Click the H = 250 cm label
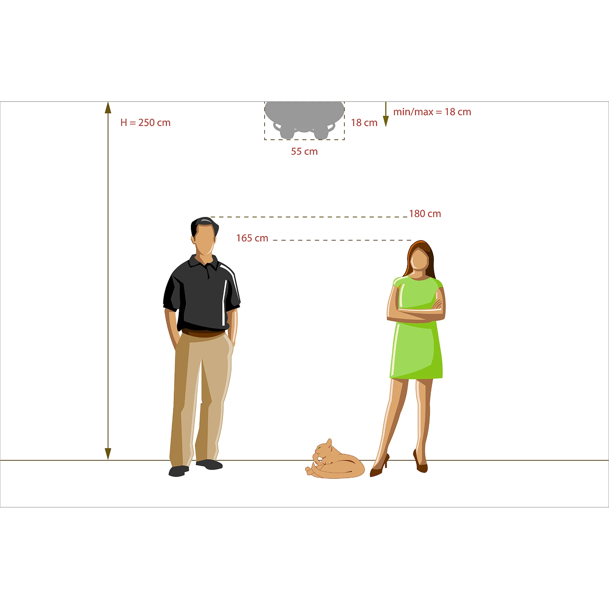[145, 123]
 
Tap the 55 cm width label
[304, 152]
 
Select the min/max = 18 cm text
[432, 112]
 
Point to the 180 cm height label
[425, 214]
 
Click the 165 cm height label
[252, 238]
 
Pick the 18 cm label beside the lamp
[364, 123]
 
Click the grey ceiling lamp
[304, 119]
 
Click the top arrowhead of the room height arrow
[108, 108]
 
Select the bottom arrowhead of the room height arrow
[108, 454]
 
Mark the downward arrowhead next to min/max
[386, 121]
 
